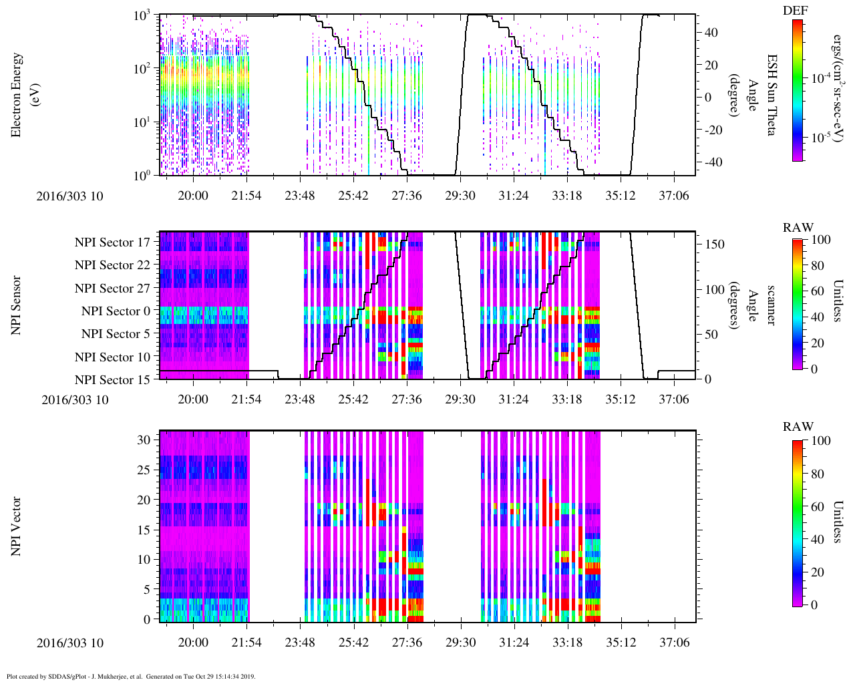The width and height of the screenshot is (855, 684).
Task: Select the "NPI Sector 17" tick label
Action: pos(112,242)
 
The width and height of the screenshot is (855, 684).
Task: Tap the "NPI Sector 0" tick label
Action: pos(116,311)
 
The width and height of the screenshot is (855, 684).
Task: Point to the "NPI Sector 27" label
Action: pos(112,289)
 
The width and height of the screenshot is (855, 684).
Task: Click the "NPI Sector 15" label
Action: pos(112,380)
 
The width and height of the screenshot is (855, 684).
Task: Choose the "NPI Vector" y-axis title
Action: pos(17,526)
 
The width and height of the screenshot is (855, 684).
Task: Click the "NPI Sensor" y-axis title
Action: pos(17,305)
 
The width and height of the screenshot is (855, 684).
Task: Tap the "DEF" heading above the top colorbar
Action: pos(796,11)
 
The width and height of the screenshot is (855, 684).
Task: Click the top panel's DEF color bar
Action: pos(798,90)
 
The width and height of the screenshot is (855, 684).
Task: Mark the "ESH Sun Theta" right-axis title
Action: pos(771,95)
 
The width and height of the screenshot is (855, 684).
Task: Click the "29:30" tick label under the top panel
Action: pos(460,196)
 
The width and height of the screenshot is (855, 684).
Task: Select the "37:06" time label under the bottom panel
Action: pos(674,643)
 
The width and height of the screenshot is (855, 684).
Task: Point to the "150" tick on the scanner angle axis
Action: pos(715,244)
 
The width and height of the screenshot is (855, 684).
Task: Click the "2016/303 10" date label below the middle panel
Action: pos(75,400)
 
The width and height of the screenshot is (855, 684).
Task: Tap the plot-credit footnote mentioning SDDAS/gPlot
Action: pos(131,677)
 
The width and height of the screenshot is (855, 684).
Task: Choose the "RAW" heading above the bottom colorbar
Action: pos(798,427)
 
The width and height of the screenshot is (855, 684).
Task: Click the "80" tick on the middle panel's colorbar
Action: pos(817,266)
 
